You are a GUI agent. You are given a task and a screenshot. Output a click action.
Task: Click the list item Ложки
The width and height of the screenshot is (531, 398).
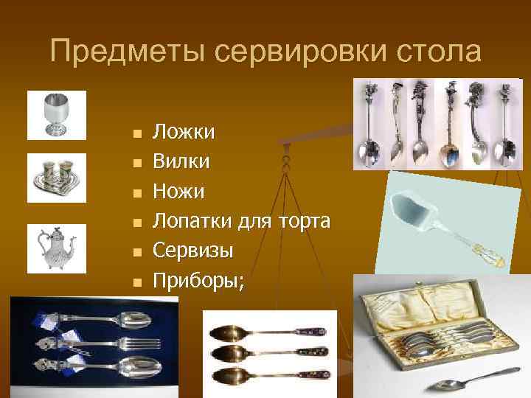[184, 133]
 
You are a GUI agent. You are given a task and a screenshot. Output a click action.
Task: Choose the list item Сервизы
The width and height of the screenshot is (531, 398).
[192, 250]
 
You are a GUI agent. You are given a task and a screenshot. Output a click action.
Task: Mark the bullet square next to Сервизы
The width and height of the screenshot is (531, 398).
[134, 251]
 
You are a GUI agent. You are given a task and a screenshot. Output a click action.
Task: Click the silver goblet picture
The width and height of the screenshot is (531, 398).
[56, 114]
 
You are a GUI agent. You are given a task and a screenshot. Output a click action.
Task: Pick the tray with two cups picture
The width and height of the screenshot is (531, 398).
[56, 178]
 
